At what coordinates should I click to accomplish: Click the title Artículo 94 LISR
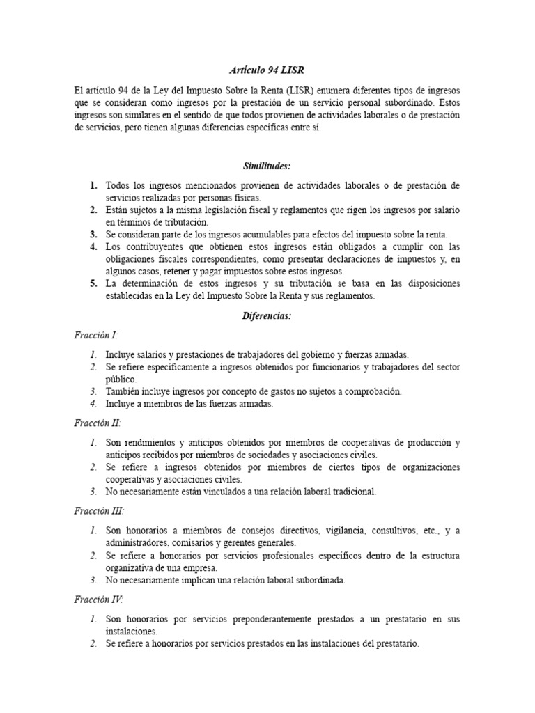point(267,70)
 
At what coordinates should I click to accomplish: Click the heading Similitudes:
point(267,166)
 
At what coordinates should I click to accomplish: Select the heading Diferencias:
point(267,316)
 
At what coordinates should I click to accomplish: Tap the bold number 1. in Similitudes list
point(93,185)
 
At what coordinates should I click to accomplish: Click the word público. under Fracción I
point(122,379)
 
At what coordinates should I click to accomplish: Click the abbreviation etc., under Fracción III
point(430,531)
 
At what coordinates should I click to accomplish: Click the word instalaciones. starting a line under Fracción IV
point(132,631)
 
